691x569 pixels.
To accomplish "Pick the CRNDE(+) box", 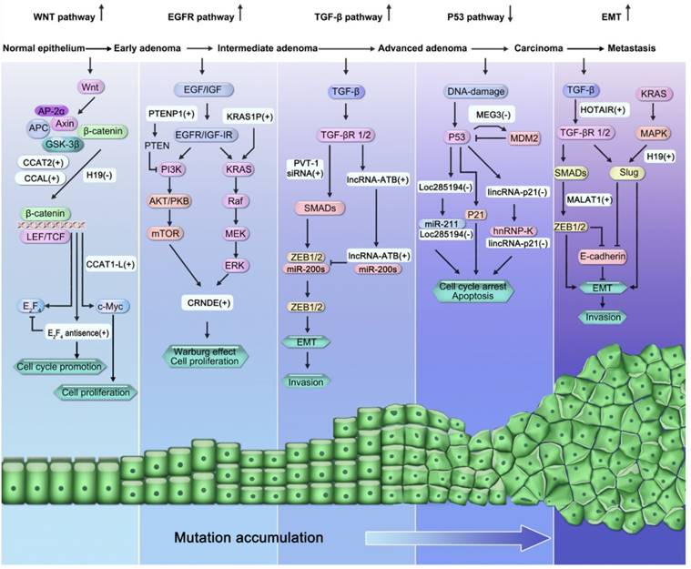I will pyautogui.click(x=209, y=301).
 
